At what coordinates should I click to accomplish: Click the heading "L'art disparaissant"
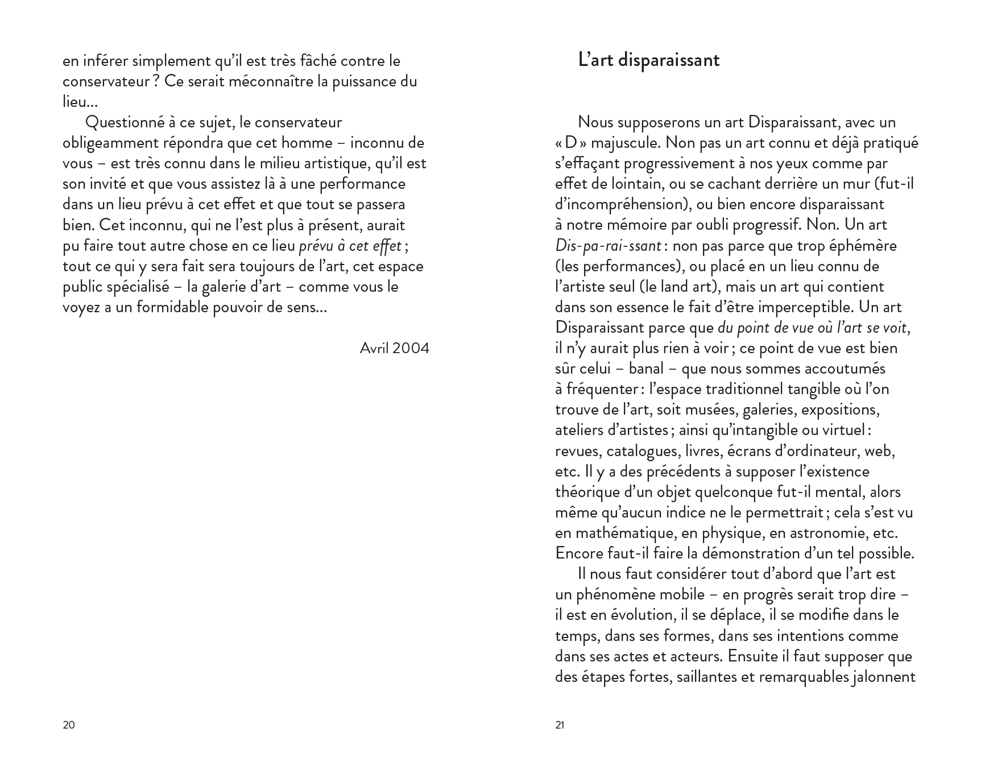coord(648,60)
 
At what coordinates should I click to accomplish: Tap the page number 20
coord(68,725)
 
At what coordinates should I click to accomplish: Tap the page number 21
coord(560,725)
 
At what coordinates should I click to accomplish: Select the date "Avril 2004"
coord(394,348)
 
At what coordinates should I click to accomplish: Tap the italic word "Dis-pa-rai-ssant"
coord(607,246)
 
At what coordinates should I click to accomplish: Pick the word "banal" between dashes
coord(646,369)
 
